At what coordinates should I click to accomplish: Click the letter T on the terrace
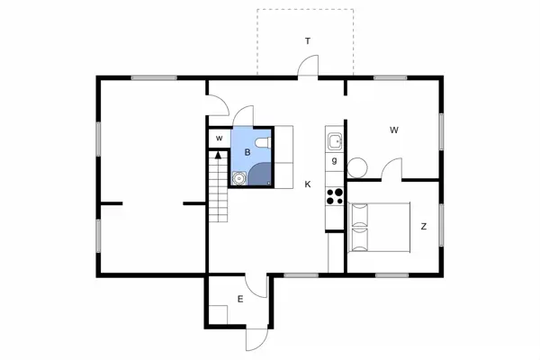(308, 41)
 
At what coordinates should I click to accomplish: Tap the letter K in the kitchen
(308, 184)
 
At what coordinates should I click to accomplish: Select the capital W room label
(394, 130)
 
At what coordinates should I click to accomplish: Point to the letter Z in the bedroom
(424, 226)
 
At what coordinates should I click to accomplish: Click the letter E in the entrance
(240, 299)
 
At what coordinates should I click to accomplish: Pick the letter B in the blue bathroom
(247, 152)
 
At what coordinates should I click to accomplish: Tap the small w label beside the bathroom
(219, 139)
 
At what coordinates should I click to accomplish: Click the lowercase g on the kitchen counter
(334, 160)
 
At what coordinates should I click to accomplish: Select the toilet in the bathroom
(264, 142)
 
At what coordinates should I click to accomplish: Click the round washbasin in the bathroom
(238, 178)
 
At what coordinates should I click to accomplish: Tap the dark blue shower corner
(260, 174)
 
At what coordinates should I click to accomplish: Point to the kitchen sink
(335, 141)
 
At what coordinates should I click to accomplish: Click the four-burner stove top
(335, 196)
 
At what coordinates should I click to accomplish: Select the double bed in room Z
(380, 228)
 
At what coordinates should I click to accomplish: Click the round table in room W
(357, 167)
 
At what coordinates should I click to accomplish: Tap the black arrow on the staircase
(218, 155)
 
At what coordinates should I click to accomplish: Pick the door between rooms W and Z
(391, 168)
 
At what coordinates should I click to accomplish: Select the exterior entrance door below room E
(256, 339)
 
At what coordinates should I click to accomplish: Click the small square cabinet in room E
(219, 314)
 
